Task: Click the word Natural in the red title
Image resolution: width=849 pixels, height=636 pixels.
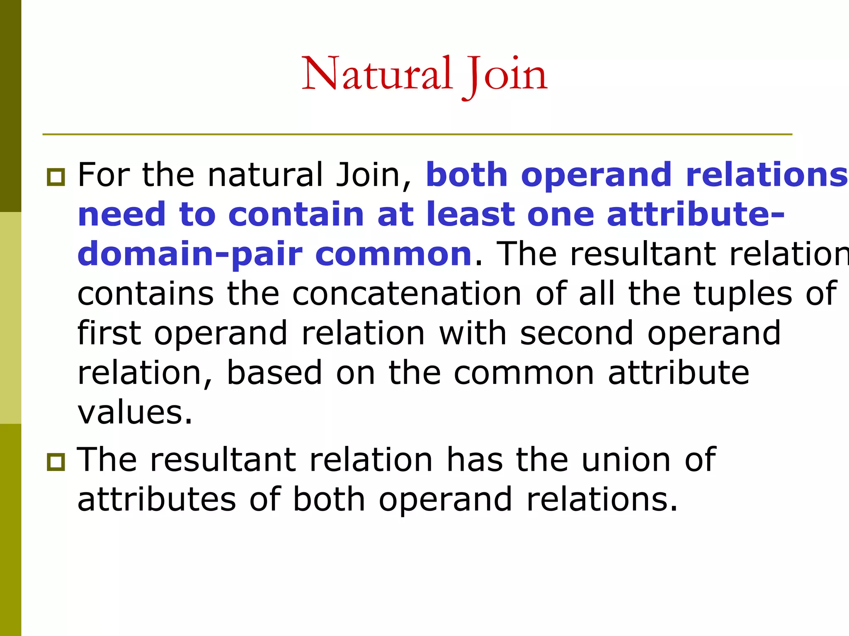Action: (x=376, y=75)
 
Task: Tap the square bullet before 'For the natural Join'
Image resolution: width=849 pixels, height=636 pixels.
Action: (x=56, y=177)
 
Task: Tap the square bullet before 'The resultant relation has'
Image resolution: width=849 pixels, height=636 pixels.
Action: (x=56, y=462)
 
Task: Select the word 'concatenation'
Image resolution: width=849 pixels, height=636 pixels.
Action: (x=407, y=294)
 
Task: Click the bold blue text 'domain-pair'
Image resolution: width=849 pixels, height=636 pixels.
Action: (x=190, y=255)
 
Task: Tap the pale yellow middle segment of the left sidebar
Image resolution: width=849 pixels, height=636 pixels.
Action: (x=10, y=318)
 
